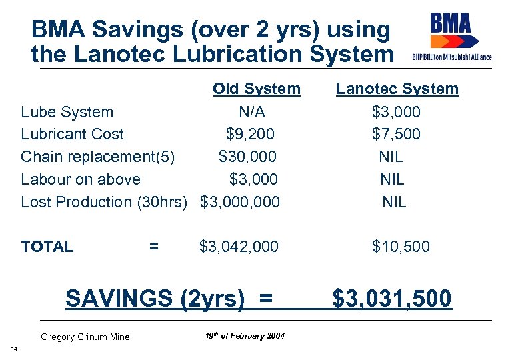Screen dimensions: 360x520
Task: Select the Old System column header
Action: (257, 89)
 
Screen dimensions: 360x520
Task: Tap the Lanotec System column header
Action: (397, 89)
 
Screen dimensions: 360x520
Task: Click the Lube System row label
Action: (67, 111)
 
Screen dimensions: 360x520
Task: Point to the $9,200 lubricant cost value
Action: (250, 134)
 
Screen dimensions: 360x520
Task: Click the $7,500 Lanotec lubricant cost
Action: (396, 134)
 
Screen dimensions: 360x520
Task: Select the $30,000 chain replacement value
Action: (247, 157)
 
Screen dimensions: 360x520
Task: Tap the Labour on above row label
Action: (81, 179)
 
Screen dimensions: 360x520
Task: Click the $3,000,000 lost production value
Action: (240, 202)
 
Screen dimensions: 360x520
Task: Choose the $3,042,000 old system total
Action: (239, 247)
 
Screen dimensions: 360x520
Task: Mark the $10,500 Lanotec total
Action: (401, 247)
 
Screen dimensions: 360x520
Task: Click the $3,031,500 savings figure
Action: (392, 299)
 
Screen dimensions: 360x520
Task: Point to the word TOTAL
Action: (47, 247)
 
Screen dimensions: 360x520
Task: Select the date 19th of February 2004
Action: (245, 335)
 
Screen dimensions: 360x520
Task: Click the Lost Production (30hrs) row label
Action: (104, 202)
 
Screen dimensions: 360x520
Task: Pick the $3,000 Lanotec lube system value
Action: (396, 111)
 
